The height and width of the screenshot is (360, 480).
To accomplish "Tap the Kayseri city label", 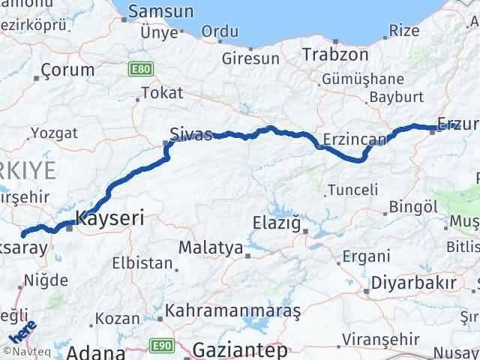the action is (109, 219).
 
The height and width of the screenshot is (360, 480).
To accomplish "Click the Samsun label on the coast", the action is (161, 12).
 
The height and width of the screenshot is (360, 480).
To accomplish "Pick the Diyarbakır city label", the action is (410, 283).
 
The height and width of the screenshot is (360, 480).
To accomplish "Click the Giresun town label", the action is (250, 58).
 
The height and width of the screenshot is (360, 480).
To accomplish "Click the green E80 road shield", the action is (136, 70).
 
